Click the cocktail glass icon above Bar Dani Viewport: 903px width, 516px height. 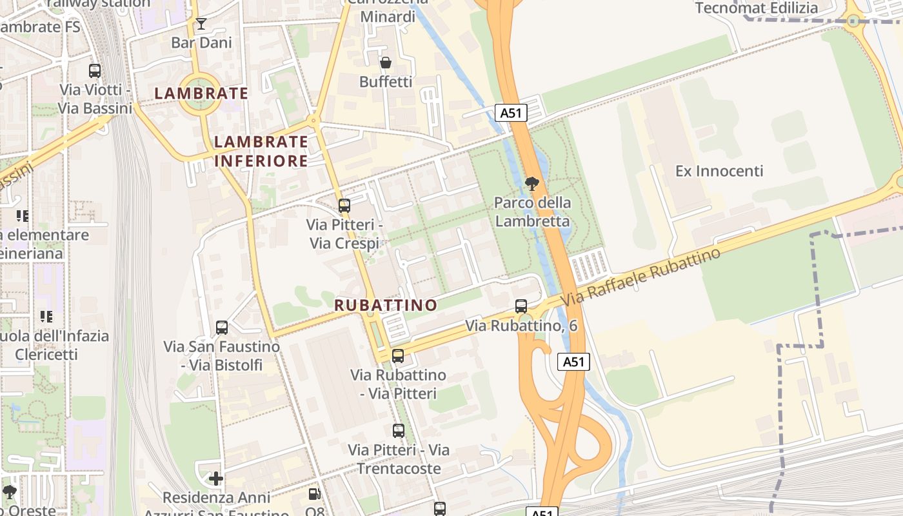pos(201,25)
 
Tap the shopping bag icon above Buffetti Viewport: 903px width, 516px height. pos(386,63)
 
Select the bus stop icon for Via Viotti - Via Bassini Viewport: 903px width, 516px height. pos(95,71)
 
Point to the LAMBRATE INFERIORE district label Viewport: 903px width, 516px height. pos(261,151)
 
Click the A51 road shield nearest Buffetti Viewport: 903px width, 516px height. pos(511,113)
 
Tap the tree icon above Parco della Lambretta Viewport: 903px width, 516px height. pos(532,184)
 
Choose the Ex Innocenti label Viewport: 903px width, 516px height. pos(719,171)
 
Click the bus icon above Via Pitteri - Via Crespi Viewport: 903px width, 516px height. pos(344,206)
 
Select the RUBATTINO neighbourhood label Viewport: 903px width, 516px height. pos(386,305)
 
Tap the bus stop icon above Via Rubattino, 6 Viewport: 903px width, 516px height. pos(521,306)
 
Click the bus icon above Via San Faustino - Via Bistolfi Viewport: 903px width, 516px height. pos(222,328)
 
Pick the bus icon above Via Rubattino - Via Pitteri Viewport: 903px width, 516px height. pos(398,356)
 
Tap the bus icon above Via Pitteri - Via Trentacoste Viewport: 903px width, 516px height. pos(399,430)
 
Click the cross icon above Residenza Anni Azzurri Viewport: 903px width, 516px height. pos(216,479)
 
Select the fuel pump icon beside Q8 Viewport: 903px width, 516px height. pos(314,494)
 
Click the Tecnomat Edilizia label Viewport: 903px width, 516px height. pos(757,8)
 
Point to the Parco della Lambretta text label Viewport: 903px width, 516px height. pos(532,212)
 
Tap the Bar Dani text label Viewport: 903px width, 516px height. pos(201,43)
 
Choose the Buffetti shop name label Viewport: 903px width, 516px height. pos(386,82)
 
